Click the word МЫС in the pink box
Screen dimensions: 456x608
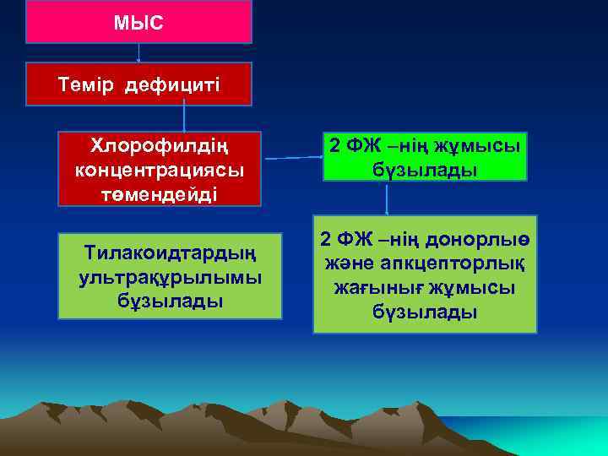[x=138, y=22]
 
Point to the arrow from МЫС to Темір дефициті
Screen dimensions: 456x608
[x=138, y=52]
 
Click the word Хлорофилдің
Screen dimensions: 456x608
[x=160, y=145]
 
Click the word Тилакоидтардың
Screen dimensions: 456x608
[x=171, y=253]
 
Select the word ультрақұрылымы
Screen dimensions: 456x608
[x=170, y=276]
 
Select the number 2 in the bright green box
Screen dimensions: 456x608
[x=334, y=145]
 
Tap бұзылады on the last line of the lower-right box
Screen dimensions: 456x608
[x=425, y=312]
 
